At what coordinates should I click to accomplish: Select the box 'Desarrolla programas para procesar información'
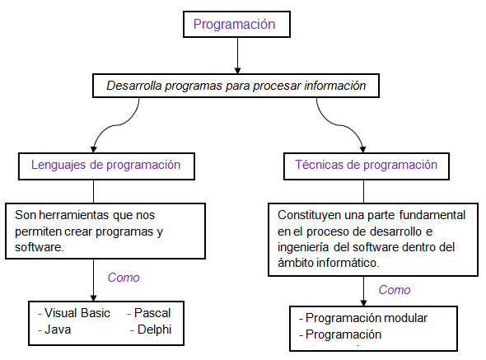[x=236, y=85]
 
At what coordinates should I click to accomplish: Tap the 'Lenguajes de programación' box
[x=105, y=165]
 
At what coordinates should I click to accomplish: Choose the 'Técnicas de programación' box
[x=366, y=165]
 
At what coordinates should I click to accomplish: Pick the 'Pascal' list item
[x=152, y=314]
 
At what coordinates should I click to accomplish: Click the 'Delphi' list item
[x=152, y=330]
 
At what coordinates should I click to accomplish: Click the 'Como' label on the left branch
[x=124, y=277]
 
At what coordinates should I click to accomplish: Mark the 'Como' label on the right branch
[x=394, y=290]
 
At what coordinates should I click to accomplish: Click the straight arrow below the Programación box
[x=237, y=55]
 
